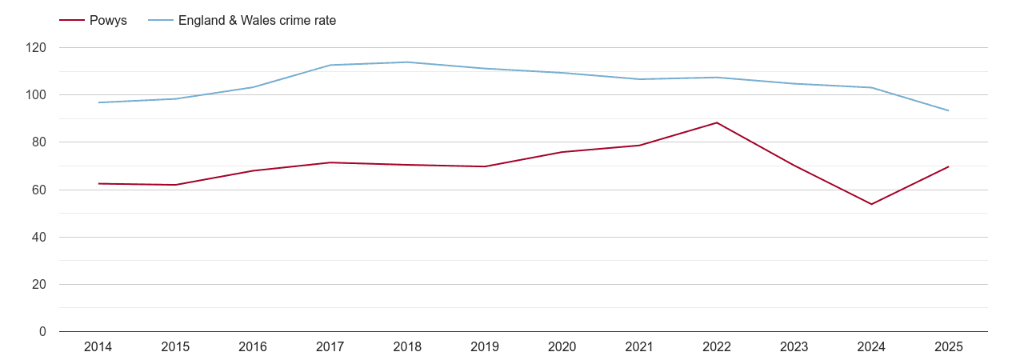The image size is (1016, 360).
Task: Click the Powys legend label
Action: click(107, 21)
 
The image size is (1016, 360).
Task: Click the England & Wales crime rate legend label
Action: click(257, 21)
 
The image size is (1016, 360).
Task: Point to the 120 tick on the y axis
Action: click(36, 48)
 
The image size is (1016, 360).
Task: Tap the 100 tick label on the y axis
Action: click(36, 95)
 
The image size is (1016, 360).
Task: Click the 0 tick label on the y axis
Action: click(42, 331)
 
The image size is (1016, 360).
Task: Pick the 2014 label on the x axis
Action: click(98, 346)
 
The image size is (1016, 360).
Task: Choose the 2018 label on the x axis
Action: click(407, 346)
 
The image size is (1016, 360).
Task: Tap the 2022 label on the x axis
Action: click(717, 346)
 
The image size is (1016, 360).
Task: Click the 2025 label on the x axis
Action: click(948, 346)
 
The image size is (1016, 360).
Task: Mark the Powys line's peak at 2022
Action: click(717, 122)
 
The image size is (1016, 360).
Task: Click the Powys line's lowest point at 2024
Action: click(871, 204)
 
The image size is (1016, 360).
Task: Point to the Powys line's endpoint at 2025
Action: click(948, 166)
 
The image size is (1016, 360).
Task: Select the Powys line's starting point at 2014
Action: click(98, 183)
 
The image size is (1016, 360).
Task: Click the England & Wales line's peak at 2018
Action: click(407, 62)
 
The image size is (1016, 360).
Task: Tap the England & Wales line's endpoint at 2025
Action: click(948, 110)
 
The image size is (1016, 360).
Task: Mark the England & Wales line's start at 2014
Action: click(98, 102)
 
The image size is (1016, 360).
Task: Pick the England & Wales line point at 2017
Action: click(330, 65)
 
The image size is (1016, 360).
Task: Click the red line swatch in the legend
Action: click(72, 21)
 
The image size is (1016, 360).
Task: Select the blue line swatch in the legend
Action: click(161, 21)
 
